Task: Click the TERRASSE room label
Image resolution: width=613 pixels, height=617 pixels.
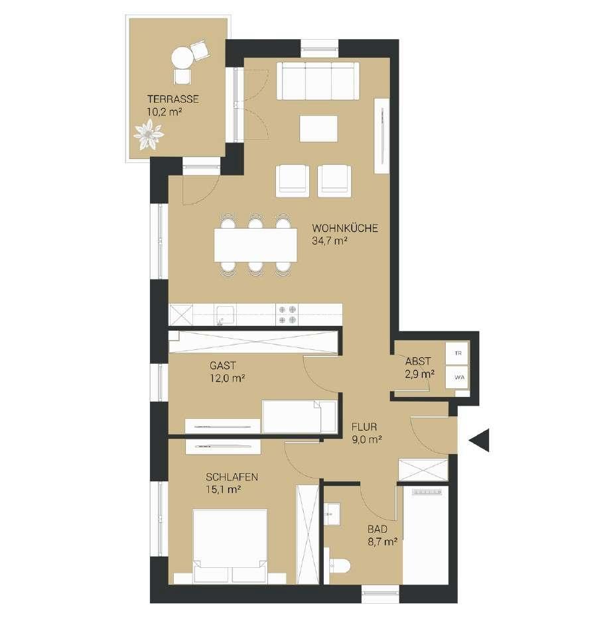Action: (172, 99)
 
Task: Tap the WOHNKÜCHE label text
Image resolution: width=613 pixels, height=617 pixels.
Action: (345, 228)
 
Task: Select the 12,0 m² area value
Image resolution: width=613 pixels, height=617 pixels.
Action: (227, 378)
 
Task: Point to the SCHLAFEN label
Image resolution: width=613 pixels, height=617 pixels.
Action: (232, 477)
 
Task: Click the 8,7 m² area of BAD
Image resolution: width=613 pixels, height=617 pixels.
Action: (382, 542)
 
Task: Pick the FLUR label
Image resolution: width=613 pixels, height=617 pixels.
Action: (364, 427)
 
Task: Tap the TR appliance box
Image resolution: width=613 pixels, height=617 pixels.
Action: (457, 353)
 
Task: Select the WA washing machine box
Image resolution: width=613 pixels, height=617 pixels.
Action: (457, 377)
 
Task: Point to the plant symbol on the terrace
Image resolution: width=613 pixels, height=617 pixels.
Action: (148, 135)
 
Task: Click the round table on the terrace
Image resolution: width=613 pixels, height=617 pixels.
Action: (182, 58)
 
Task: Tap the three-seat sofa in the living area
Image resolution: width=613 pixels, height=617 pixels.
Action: (318, 81)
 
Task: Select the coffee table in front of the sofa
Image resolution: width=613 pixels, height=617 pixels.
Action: (318, 129)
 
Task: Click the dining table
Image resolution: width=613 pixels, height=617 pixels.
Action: (255, 245)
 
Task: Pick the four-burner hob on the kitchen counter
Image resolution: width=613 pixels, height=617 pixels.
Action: (287, 315)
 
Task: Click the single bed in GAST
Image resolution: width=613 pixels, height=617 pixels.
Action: (299, 416)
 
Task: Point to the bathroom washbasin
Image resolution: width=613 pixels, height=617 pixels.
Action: (333, 514)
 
